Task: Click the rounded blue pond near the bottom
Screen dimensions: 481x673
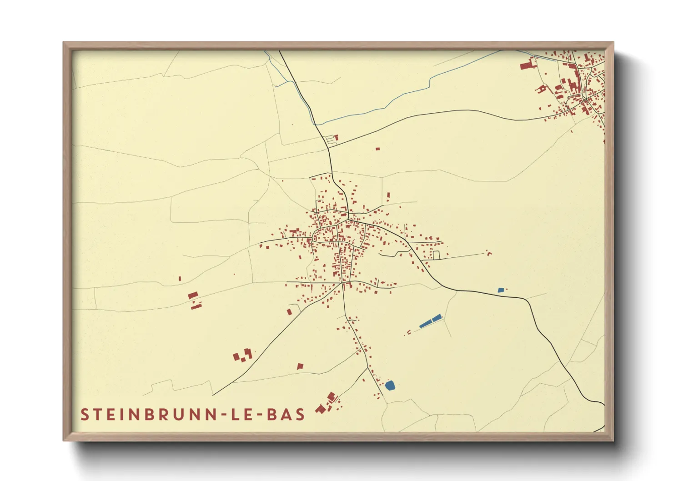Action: [x=390, y=386]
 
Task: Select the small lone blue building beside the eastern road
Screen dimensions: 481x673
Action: [x=501, y=290]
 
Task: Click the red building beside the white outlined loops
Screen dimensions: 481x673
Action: [x=336, y=137]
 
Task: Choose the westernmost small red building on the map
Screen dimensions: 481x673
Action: [x=180, y=278]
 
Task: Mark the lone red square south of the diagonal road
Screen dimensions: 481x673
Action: [x=300, y=366]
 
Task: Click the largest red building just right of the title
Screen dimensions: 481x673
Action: [x=321, y=409]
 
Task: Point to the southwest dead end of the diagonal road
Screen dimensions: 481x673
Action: [x=213, y=395]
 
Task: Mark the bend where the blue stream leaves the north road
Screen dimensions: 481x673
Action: [x=314, y=124]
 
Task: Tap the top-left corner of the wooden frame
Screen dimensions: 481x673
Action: [x=64, y=43]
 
